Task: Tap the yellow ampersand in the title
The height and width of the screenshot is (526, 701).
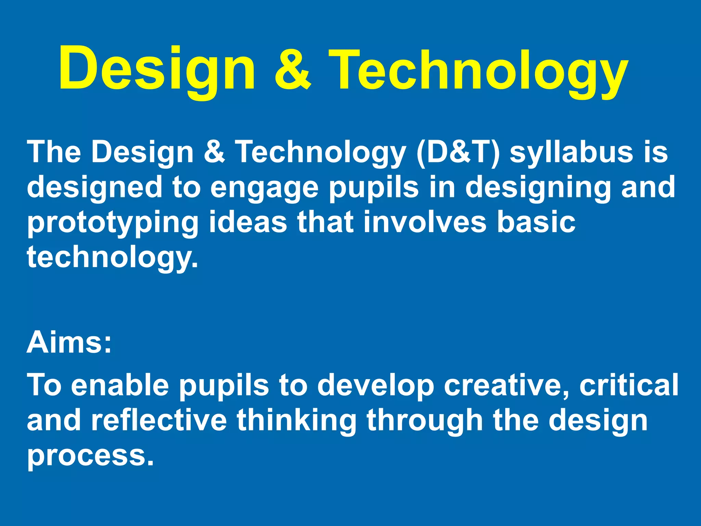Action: point(293,70)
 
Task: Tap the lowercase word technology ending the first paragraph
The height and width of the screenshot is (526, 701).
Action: point(112,258)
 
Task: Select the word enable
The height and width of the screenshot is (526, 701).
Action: point(120,385)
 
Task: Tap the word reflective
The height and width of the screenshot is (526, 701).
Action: point(159,421)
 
